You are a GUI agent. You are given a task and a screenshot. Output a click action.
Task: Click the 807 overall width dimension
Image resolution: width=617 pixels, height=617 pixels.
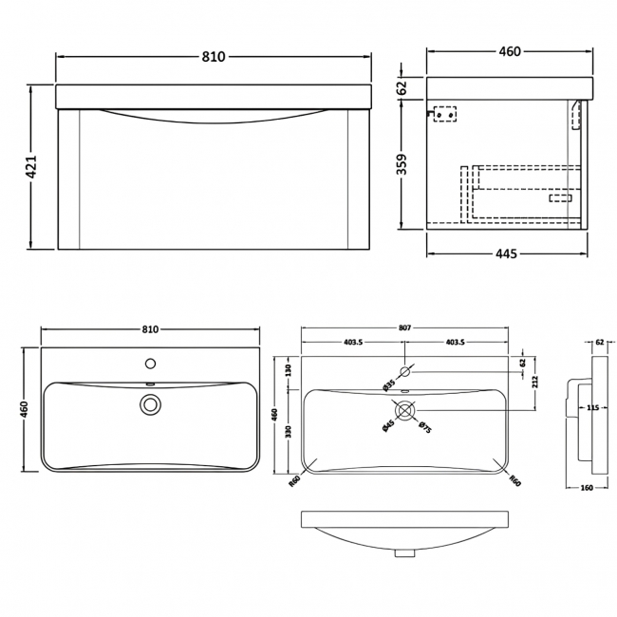(404, 327)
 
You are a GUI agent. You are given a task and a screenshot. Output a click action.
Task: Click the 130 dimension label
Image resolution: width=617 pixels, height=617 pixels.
(288, 371)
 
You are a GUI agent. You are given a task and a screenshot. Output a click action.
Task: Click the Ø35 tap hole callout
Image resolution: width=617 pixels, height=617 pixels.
(389, 384)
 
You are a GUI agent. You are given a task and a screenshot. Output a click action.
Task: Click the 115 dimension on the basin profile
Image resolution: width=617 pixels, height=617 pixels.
(591, 408)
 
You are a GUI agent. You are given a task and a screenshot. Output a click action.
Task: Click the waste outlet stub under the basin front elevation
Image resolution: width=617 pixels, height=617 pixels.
(405, 551)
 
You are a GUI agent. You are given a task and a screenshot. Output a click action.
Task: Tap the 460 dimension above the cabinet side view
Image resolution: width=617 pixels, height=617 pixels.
(510, 51)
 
